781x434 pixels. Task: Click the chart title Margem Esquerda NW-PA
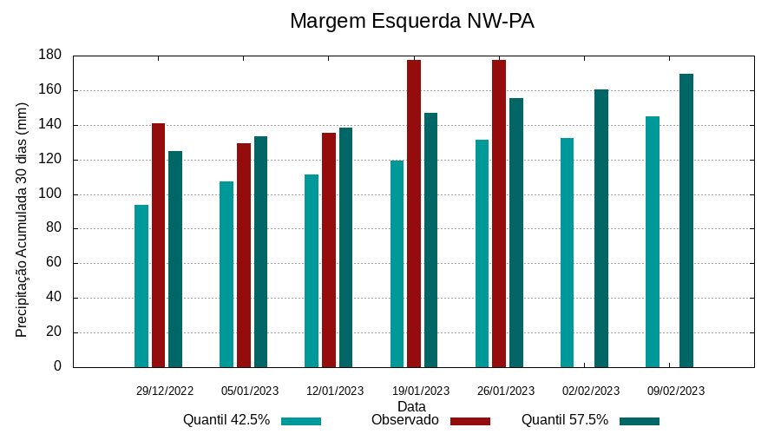(411, 21)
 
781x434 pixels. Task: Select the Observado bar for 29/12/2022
(158, 245)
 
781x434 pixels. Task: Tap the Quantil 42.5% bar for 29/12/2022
(141, 286)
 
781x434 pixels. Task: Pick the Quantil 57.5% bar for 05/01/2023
(260, 252)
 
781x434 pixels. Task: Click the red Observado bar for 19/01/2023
(414, 214)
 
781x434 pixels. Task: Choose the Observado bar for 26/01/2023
(499, 214)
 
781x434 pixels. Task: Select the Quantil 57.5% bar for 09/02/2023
(686, 220)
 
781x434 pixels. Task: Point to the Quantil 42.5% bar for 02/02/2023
(567, 253)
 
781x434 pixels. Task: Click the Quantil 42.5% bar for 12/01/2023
(312, 271)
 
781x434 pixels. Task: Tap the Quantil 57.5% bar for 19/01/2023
(430, 240)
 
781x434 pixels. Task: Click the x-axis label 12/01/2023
(335, 391)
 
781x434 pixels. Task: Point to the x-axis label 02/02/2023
(591, 391)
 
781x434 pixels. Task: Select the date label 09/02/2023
(676, 391)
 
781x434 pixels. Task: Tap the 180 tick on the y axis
(50, 56)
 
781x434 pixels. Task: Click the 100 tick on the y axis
(50, 194)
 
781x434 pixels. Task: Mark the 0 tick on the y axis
(57, 367)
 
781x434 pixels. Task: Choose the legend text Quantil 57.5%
(564, 420)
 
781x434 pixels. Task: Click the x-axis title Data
(411, 406)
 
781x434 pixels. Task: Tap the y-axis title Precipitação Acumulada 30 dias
(23, 219)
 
